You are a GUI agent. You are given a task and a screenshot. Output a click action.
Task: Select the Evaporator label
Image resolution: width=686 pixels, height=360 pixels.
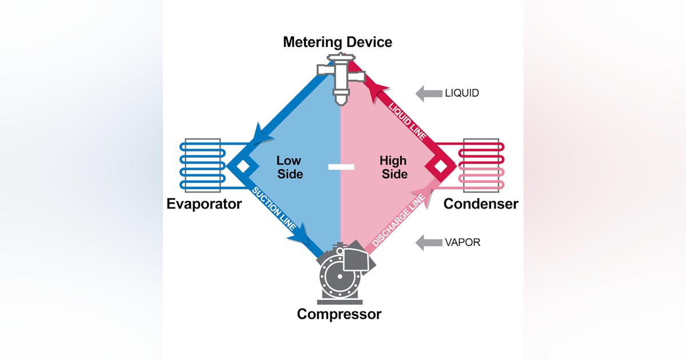[x=204, y=204]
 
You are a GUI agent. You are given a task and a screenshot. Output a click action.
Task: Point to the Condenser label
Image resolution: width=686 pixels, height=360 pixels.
[x=481, y=204]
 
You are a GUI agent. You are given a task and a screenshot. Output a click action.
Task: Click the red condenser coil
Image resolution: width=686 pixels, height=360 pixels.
[x=484, y=164]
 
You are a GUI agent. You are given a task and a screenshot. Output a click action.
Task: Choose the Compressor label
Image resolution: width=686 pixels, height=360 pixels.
[x=339, y=314]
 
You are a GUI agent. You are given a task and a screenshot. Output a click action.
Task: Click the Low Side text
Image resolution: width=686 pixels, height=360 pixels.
[x=289, y=167]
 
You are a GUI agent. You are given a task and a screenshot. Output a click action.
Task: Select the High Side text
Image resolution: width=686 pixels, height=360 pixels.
[x=393, y=167]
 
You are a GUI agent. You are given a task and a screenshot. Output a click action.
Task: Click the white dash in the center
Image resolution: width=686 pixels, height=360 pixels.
[x=341, y=167]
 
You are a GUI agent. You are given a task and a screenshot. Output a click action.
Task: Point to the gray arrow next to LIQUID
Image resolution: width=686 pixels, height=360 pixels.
[x=428, y=93]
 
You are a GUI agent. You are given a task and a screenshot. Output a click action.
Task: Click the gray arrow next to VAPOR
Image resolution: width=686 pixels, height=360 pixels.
[x=428, y=242]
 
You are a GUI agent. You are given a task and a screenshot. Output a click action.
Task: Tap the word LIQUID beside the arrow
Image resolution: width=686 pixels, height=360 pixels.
[x=462, y=93]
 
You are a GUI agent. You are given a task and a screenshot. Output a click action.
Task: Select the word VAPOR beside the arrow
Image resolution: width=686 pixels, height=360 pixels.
[x=462, y=242]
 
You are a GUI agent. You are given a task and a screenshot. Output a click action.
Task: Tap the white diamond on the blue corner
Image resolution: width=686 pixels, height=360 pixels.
[x=243, y=166]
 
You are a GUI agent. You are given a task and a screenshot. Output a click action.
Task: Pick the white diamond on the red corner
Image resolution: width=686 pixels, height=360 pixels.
[x=440, y=166]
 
